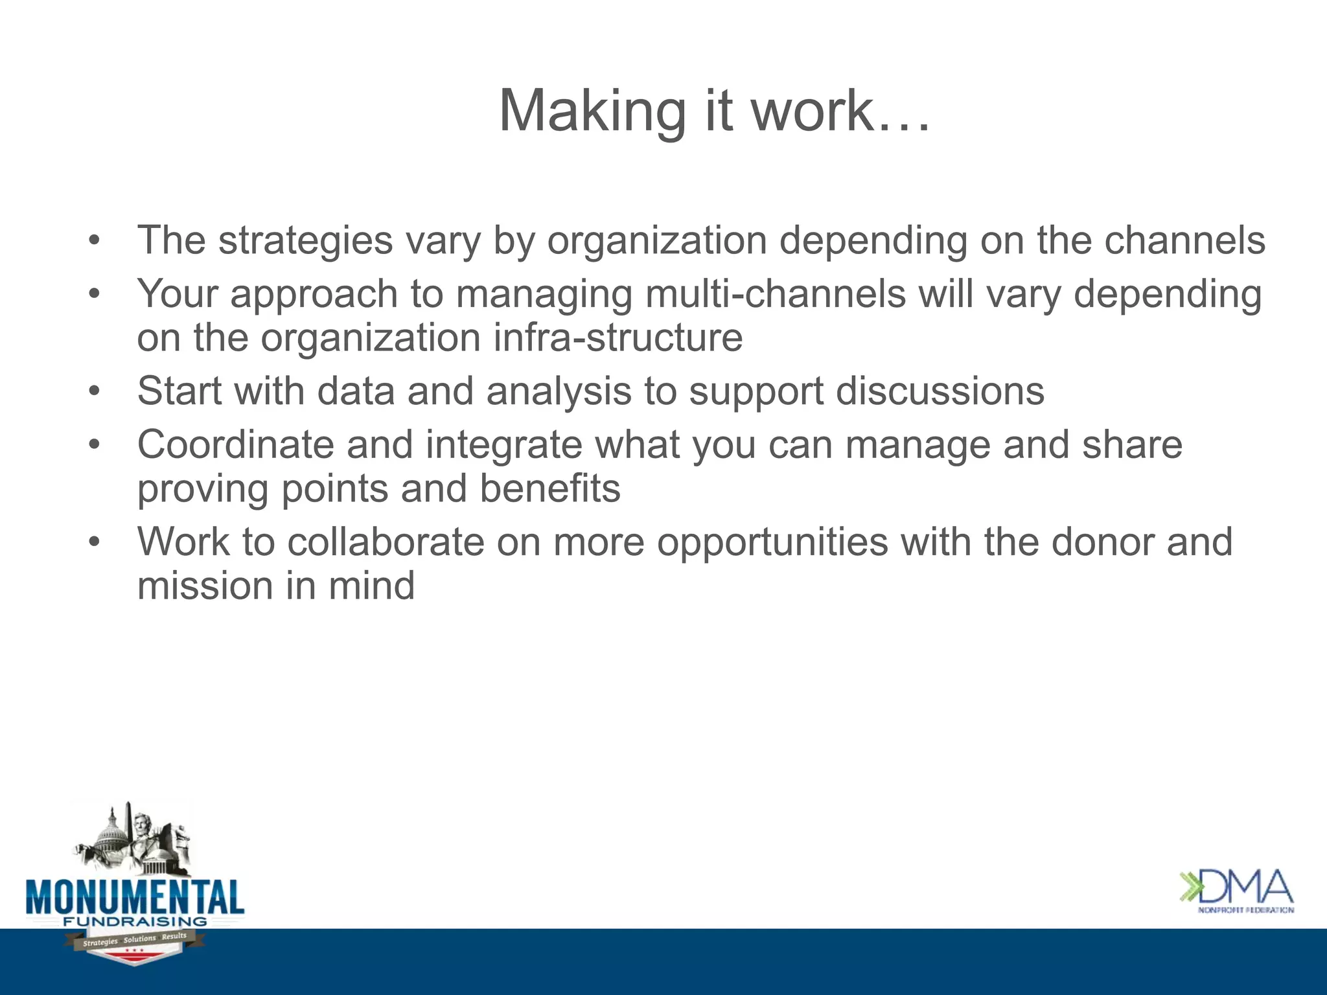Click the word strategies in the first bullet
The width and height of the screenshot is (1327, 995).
pos(305,241)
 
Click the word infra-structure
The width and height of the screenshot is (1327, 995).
pos(618,338)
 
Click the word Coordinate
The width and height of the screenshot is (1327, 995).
pos(235,446)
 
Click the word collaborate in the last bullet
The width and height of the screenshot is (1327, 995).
pos(386,542)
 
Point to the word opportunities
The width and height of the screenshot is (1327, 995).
pos(772,542)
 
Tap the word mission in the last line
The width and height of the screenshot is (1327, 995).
pos(205,586)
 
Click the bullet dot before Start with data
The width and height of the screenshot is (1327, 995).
pos(95,392)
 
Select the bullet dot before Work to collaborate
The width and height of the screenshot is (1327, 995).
pos(95,542)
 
